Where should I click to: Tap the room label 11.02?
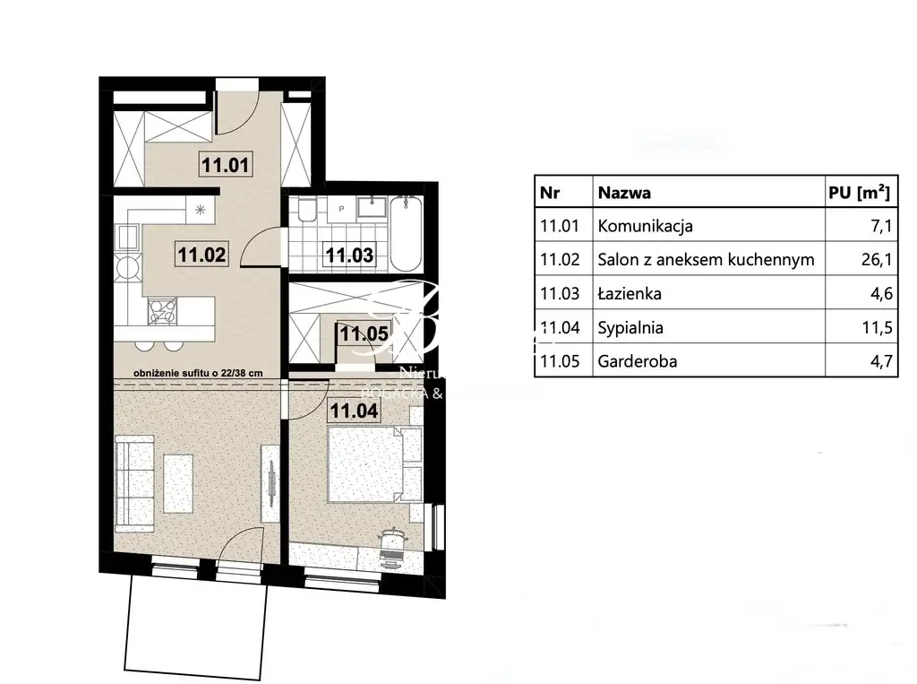tap(201, 255)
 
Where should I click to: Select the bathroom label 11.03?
tap(348, 255)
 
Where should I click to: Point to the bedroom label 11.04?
tap(354, 411)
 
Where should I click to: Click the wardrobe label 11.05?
tap(364, 334)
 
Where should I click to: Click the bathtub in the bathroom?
tap(407, 232)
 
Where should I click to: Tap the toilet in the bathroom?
tap(305, 212)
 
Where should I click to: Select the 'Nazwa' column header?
tap(624, 192)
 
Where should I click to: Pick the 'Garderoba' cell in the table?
tap(638, 361)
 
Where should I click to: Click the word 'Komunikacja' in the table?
tap(645, 226)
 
